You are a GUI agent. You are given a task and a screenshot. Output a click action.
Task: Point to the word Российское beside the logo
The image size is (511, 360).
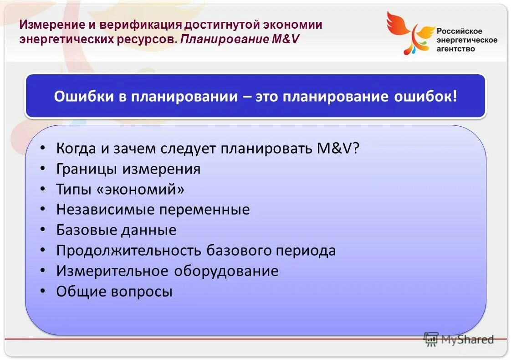point(460,31)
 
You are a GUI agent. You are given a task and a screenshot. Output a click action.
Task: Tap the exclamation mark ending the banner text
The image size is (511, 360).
point(454,97)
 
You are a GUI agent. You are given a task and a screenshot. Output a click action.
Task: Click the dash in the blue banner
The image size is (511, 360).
point(246,97)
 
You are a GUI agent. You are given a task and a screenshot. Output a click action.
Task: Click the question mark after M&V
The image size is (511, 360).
point(355,148)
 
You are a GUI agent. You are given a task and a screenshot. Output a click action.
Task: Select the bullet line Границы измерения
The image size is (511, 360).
point(128,169)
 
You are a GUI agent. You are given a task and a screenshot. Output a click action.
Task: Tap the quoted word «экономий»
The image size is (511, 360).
point(140,189)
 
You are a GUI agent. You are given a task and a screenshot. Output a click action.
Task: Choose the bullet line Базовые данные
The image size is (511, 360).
point(116,230)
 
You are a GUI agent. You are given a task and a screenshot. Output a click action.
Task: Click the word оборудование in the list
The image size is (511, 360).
point(226,271)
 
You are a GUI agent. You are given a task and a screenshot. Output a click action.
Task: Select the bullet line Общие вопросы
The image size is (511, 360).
point(114,292)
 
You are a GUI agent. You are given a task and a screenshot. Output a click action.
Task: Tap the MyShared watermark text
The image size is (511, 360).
point(467,339)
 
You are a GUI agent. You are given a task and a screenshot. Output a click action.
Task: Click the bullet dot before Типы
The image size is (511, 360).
point(42,189)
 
